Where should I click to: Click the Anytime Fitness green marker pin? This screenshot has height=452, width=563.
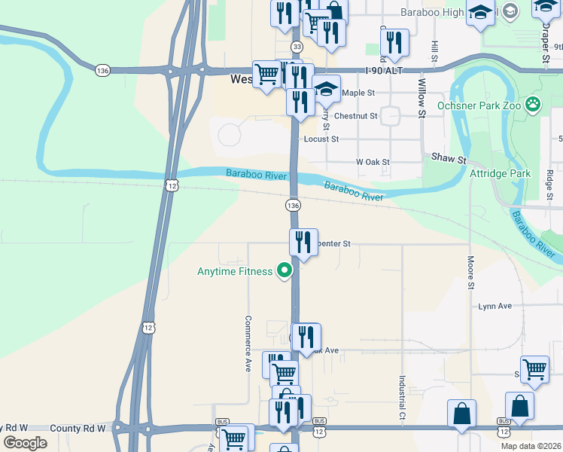(285, 270)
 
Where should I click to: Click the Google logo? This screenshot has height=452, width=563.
(26, 443)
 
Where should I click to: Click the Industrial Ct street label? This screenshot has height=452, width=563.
(402, 399)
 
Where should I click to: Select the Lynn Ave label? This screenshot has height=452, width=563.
(495, 306)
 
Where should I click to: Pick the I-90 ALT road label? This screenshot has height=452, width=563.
(383, 70)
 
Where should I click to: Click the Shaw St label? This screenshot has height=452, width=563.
(449, 160)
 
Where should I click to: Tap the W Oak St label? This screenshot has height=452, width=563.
(373, 162)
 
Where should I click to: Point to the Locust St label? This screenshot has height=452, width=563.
(321, 139)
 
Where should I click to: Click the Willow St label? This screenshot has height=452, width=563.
(421, 98)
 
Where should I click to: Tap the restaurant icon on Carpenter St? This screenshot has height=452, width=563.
(303, 243)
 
